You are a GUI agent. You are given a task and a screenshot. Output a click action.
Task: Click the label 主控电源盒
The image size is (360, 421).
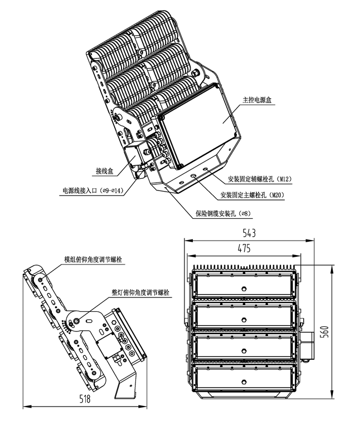255,100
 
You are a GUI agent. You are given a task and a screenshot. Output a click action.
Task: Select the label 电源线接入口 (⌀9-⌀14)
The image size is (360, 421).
93,190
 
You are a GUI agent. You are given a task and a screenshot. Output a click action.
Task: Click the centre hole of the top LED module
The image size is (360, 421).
244,288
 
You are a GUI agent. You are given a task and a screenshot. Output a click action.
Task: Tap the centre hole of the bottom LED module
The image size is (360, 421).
244,381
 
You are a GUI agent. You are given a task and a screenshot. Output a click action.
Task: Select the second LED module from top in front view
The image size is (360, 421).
244,317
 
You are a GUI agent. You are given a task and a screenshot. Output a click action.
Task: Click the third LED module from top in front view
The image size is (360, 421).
244,349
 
